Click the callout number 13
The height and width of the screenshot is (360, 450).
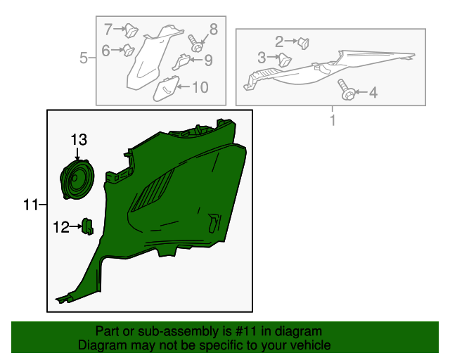pos(79,140)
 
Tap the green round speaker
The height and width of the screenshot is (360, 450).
pos(77,179)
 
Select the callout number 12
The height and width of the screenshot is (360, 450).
pos(61,227)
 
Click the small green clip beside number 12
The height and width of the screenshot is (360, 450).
pos(87,226)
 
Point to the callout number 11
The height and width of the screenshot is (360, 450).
pos(31,205)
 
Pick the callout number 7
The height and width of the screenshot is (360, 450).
pos(108,29)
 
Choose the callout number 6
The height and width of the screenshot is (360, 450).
pos(105,51)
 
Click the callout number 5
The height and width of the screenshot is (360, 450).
pos(83,58)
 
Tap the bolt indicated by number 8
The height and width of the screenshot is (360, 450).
pos(195,44)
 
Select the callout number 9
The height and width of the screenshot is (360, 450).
pos(208,60)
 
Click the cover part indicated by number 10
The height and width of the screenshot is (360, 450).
pos(166,89)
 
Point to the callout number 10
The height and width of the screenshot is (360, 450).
pos(200,87)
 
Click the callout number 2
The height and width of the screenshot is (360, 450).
pos(279,41)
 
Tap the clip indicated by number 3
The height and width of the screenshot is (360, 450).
pos(284,60)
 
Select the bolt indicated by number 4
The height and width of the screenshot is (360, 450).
pos(347,89)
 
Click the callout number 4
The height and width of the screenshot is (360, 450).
pos(373,92)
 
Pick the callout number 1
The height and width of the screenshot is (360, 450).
pos(333,120)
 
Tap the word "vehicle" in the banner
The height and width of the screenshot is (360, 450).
pos(312,345)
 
